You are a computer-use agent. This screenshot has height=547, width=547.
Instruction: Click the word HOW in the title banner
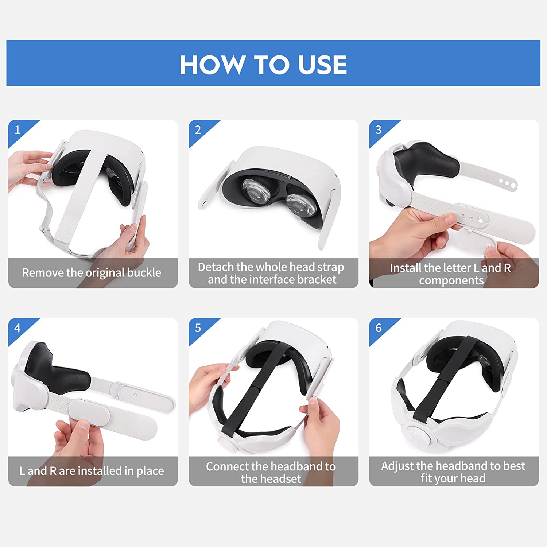[x=212, y=65]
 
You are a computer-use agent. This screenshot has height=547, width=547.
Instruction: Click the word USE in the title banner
[x=322, y=65]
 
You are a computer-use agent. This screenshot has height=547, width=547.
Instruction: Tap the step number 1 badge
[x=17, y=129]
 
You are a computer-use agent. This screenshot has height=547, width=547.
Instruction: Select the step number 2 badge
[x=198, y=129]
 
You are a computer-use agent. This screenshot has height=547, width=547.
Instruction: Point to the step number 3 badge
[x=378, y=129]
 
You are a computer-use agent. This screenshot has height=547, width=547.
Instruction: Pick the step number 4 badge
[x=17, y=328]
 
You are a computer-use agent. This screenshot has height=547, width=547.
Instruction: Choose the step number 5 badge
[x=198, y=328]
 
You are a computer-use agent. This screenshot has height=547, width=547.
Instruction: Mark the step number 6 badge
[x=378, y=328]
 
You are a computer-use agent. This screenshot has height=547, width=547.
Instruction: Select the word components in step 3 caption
[x=451, y=280]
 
